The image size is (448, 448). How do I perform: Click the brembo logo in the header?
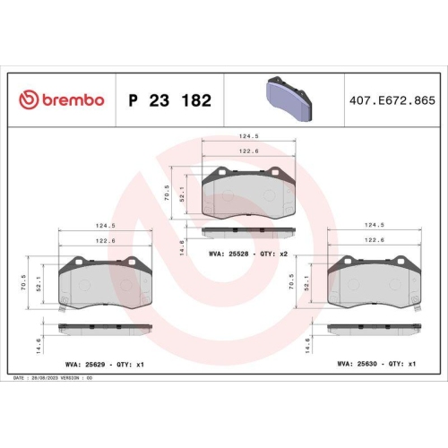tap(61, 100)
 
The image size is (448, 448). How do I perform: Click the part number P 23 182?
tap(170, 100)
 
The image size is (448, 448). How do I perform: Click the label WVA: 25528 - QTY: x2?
tap(247, 255)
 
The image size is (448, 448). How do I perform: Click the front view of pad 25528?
tap(247, 192)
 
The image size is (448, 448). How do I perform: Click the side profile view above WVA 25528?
tap(247, 231)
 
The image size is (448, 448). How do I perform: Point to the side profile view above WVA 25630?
tap(372, 327)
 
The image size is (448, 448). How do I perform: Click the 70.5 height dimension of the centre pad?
tap(168, 192)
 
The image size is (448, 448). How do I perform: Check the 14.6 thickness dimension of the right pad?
tap(310, 340)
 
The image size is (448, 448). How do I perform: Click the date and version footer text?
tap(54, 378)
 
